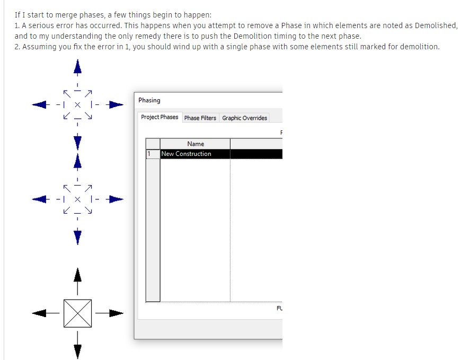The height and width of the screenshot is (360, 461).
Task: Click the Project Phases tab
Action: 159,117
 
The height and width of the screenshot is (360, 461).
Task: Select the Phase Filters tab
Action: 200,118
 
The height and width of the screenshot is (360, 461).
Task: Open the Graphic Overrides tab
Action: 244,118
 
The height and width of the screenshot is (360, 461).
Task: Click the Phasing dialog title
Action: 149,100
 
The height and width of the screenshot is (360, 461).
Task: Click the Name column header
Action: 195,144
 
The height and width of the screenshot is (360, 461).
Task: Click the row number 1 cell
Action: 152,154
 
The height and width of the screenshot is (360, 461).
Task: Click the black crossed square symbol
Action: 77,313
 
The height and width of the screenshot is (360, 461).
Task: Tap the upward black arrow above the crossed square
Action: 77,276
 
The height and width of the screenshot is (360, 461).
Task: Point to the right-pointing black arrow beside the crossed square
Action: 116,313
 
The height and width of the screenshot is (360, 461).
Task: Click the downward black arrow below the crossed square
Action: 77,350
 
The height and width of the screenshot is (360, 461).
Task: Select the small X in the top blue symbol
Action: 77,104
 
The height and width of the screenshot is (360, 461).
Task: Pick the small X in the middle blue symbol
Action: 77,199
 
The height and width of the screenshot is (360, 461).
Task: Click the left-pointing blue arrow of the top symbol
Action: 40,104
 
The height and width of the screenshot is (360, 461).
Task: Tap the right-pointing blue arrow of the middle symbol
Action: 116,199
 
